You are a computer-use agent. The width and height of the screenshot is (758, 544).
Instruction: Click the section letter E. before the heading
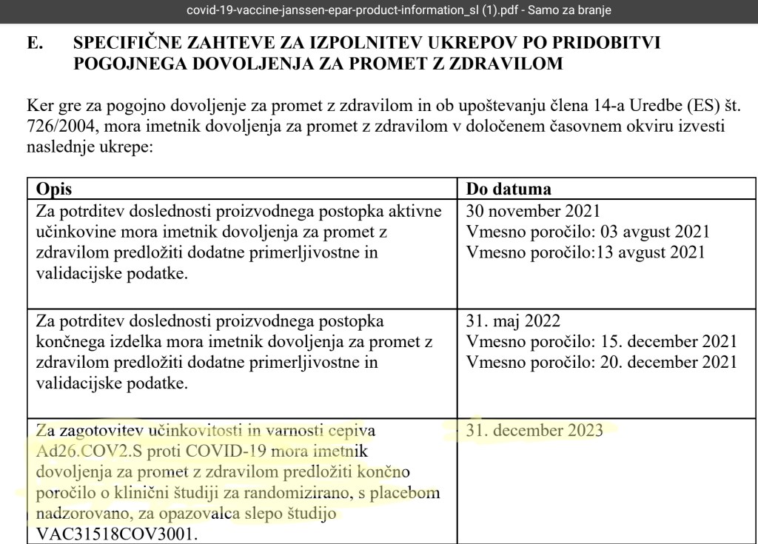pos(35,44)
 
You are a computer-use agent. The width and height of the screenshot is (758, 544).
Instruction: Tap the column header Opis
pos(54,189)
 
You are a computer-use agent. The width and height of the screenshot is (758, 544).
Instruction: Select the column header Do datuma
pos(509,189)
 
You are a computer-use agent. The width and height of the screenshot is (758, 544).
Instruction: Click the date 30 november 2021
pos(533,211)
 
